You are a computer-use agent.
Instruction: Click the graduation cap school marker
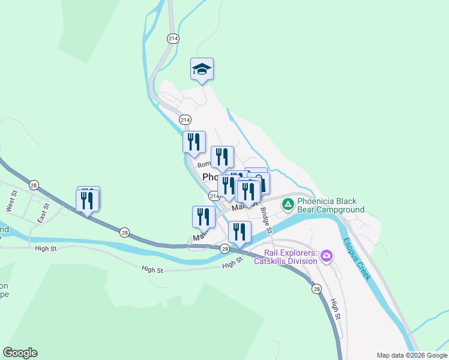[x=202, y=70]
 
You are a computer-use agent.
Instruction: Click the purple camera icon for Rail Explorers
[x=327, y=256]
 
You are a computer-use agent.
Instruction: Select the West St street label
[x=11, y=200]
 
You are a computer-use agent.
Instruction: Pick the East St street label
[x=43, y=212]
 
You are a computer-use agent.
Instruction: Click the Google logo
[x=20, y=353]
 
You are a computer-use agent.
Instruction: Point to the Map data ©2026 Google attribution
[x=412, y=355]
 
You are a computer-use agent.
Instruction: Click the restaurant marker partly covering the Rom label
[x=222, y=157]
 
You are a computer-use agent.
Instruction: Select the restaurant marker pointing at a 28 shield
[x=240, y=232]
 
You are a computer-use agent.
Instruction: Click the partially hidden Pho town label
[x=211, y=177]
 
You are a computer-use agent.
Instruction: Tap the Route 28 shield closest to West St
[x=34, y=185]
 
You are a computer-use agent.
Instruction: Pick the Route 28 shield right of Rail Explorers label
[x=317, y=289]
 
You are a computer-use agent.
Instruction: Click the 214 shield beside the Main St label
[x=214, y=196]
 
